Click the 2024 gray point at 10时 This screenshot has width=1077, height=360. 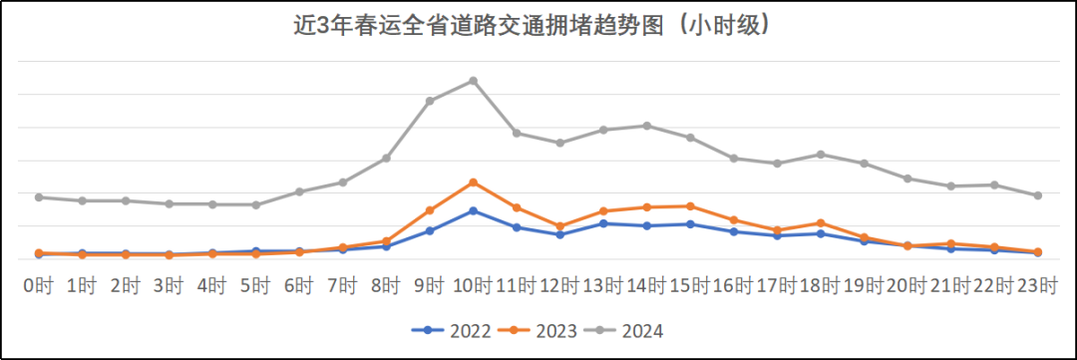click(473, 81)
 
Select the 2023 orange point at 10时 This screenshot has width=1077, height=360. click(473, 182)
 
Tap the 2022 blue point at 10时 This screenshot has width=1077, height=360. click(473, 210)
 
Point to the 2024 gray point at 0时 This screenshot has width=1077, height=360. click(39, 196)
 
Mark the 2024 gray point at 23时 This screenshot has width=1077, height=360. click(1038, 195)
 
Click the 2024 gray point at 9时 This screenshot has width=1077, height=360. click(430, 101)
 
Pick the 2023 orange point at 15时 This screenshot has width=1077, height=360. click(690, 206)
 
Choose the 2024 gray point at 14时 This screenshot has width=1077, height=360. click(646, 126)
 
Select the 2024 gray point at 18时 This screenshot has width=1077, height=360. click(820, 154)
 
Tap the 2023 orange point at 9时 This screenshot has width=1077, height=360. click(430, 210)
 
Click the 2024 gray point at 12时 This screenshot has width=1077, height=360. click(559, 143)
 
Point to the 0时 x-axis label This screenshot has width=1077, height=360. click(39, 285)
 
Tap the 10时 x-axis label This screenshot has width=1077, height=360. click(473, 285)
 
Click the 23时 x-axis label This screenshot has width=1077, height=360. click(1038, 285)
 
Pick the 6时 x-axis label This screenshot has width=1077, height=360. click(299, 285)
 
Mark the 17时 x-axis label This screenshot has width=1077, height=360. click(777, 285)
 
